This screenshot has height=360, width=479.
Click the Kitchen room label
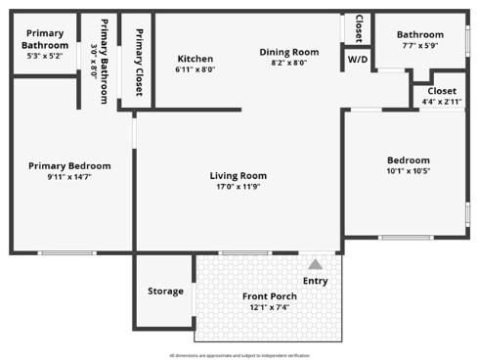coord(196,58)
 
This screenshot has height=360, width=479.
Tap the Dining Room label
coord(289,52)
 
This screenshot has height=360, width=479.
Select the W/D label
coord(357,59)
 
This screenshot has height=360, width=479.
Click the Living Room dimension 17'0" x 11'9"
coord(239,187)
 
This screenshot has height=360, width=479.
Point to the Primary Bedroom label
coord(69,165)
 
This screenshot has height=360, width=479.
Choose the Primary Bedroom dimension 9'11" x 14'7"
coord(69,177)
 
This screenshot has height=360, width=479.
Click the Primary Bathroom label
coord(45,39)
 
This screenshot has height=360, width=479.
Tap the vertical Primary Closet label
coord(139,63)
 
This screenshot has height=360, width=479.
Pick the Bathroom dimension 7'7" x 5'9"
coord(420,46)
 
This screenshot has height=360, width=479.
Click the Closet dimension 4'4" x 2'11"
coord(442,102)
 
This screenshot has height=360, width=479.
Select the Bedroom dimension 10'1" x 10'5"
coord(408,171)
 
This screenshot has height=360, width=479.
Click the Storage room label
coord(165,291)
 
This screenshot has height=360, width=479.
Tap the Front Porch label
coord(270,296)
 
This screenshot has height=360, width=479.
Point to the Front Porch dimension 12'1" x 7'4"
coord(270,307)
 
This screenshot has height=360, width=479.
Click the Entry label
coord(315,282)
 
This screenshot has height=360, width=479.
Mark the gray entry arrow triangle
coord(315,264)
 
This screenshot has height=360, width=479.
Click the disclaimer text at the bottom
coord(239,355)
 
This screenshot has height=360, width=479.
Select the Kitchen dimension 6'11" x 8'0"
coord(196,69)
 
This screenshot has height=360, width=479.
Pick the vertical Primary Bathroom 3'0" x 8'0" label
coord(99,61)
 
